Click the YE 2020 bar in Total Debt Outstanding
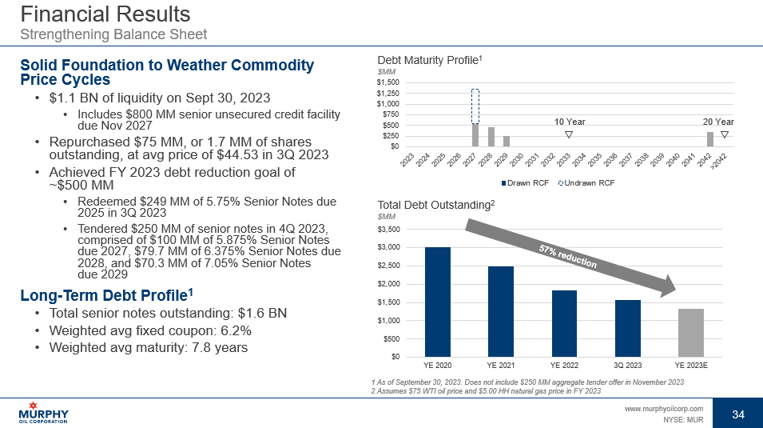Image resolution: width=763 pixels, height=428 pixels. pos(438,302)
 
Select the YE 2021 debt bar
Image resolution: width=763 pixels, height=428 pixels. pos(501,311)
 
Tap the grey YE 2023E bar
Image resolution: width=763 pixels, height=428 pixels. pos(691,332)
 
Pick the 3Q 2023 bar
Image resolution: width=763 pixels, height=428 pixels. pos(628,328)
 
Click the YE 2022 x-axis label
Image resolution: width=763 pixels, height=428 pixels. pos(564,366)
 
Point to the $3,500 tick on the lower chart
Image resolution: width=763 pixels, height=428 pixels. pos(390,230)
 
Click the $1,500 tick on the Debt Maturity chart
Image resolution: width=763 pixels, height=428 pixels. pos(388,82)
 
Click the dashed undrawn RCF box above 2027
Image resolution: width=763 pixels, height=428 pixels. pos(475,106)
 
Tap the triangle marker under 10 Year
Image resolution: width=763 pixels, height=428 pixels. pos(568,134)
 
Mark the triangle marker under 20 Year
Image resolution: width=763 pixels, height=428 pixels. pos(724,134)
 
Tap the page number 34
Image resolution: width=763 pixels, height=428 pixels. pos(737,414)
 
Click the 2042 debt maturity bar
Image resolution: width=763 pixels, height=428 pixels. pos(709,138)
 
